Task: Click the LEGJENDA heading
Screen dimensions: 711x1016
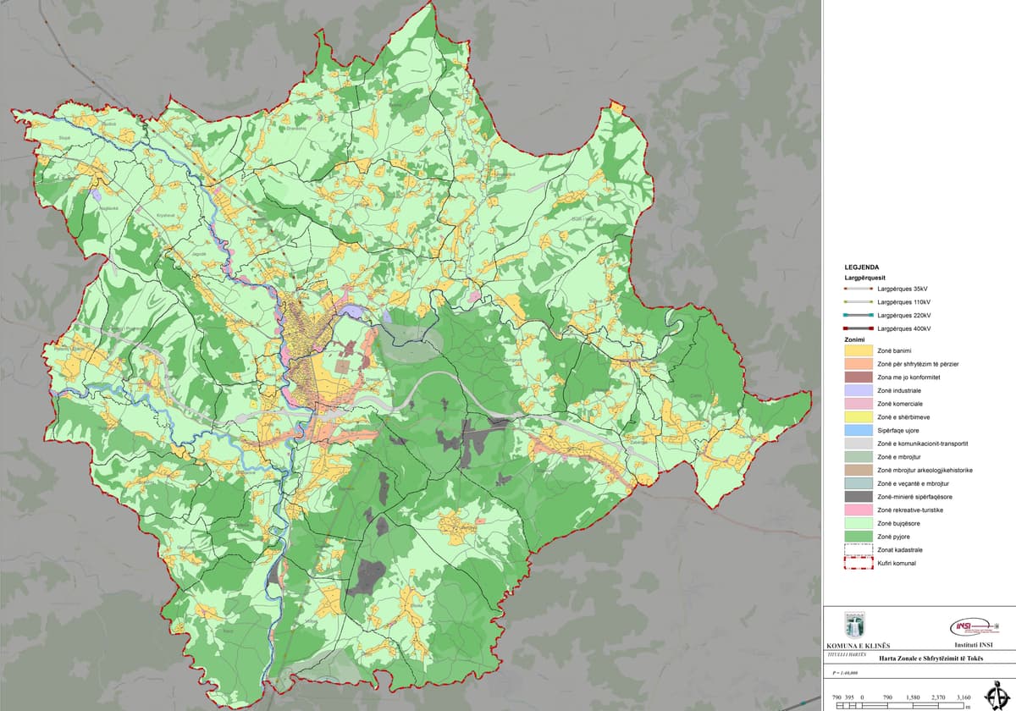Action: point(861,266)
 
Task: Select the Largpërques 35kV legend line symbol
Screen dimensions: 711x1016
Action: point(858,289)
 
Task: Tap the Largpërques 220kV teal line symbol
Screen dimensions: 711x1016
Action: point(858,315)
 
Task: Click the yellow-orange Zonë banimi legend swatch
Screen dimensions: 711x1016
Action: point(858,350)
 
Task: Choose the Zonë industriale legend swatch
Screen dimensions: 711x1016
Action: point(858,390)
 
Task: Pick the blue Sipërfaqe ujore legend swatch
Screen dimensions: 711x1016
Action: point(858,430)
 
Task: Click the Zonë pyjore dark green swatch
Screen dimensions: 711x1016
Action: point(858,537)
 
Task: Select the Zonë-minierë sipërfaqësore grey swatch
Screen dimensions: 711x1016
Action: point(858,497)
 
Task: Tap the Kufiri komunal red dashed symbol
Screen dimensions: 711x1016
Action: point(858,563)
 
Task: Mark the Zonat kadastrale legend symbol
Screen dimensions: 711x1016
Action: point(858,550)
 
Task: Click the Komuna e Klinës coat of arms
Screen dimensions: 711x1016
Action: point(854,626)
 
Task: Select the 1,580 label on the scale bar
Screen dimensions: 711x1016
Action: point(913,697)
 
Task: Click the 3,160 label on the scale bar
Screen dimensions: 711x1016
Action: point(963,697)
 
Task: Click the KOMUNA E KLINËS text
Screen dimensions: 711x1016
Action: point(854,646)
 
